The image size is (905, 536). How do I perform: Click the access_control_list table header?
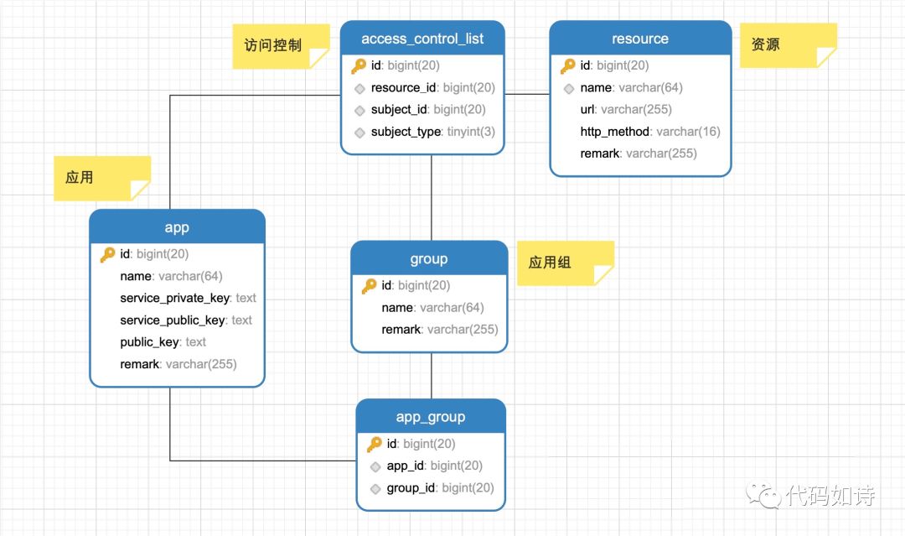(422, 39)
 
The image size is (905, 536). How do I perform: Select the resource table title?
(640, 39)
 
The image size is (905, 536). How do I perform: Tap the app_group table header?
(431, 416)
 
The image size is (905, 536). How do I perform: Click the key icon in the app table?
(107, 254)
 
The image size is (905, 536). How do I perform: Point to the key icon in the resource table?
(568, 65)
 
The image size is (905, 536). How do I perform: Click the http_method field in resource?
(650, 132)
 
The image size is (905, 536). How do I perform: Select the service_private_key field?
(188, 298)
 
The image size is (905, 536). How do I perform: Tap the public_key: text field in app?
(163, 342)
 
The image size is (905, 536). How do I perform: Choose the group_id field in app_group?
(440, 488)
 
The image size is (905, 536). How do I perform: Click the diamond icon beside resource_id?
(359, 88)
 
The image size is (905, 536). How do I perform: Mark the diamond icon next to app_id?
(375, 466)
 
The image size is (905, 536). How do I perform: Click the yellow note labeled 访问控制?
(281, 46)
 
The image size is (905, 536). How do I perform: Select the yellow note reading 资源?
(788, 45)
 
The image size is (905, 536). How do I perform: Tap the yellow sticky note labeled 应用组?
(565, 263)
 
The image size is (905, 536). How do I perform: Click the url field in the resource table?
(626, 110)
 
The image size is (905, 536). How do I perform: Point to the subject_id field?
(427, 110)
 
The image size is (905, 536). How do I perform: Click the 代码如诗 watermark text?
(830, 496)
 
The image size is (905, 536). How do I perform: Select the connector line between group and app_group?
(432, 376)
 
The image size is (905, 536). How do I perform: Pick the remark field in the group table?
(439, 330)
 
